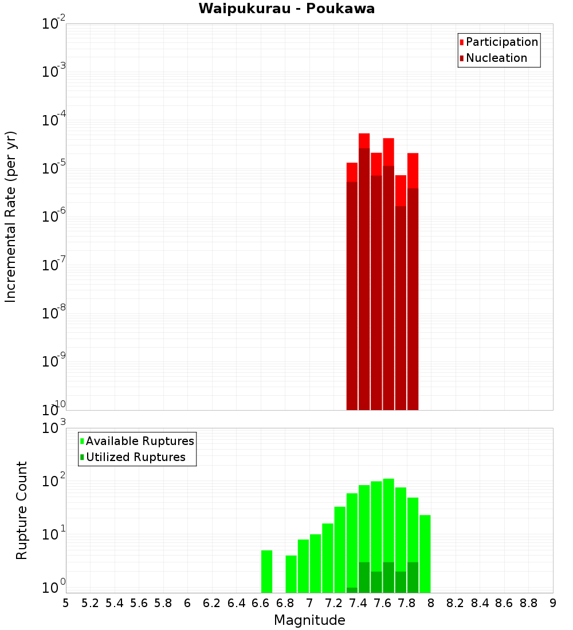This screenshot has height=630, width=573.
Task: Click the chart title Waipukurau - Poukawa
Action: pyautogui.click(x=286, y=9)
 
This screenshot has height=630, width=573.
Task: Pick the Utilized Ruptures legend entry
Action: pyautogui.click(x=135, y=457)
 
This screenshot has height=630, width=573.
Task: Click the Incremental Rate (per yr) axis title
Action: pyautogui.click(x=11, y=216)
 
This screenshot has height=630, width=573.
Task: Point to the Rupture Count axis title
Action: pyautogui.click(x=22, y=510)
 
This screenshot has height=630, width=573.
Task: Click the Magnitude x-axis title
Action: pyautogui.click(x=309, y=620)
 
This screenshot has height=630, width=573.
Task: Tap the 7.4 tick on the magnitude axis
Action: pyautogui.click(x=358, y=603)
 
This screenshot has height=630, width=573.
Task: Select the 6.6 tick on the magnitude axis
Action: pyautogui.click(x=261, y=603)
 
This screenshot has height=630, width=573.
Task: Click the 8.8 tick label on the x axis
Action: pyautogui.click(x=528, y=603)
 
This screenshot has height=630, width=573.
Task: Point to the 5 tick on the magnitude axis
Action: pyautogui.click(x=66, y=603)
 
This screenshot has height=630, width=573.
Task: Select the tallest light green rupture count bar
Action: pyautogui.click(x=388, y=515)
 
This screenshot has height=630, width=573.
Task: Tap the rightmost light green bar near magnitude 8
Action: pyautogui.click(x=425, y=553)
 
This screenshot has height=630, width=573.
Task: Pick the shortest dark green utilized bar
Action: pyautogui.click(x=352, y=590)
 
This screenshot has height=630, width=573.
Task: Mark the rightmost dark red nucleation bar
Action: pyautogui.click(x=413, y=298)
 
